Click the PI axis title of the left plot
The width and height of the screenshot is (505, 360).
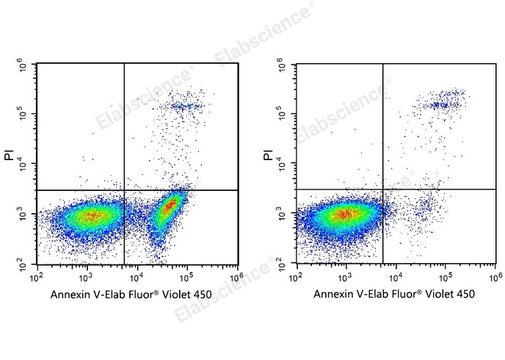click(8, 156)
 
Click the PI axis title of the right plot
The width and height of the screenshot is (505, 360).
click(267, 156)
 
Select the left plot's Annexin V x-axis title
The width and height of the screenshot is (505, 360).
click(131, 295)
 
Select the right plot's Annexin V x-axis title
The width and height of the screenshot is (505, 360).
click(393, 295)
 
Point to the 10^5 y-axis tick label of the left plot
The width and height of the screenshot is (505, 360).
click(23, 115)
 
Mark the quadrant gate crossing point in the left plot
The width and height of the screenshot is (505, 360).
click(124, 190)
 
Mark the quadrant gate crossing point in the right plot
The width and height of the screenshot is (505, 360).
click(383, 190)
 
